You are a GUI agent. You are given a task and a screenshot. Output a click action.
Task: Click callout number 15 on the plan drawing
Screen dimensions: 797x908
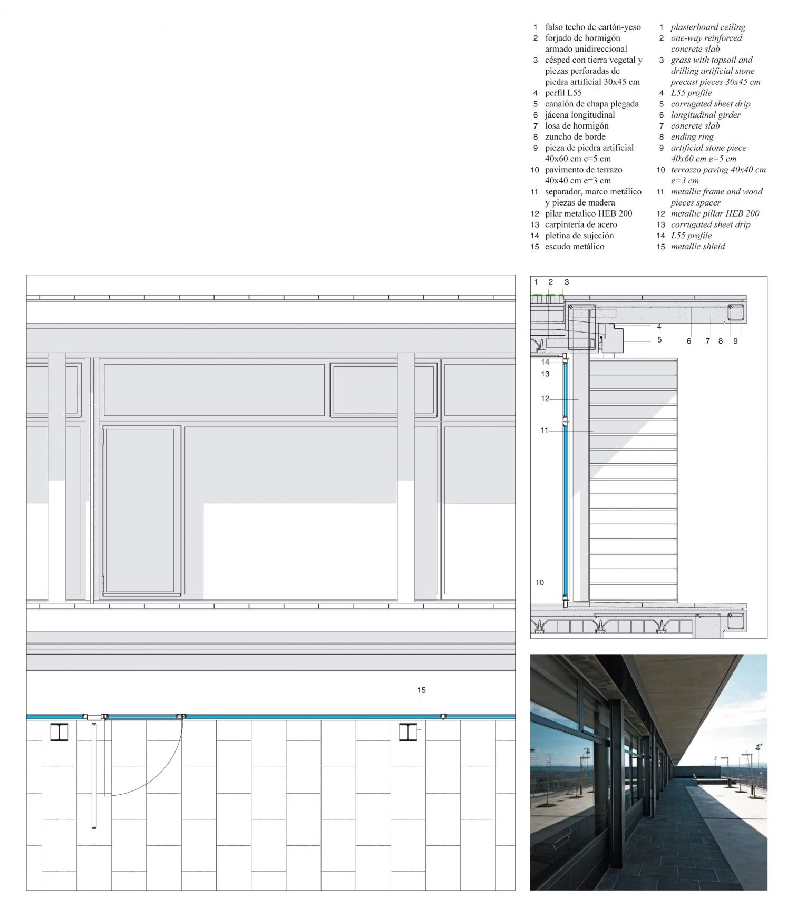point(421,690)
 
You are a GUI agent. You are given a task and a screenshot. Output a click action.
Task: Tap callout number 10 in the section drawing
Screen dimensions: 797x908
point(539,582)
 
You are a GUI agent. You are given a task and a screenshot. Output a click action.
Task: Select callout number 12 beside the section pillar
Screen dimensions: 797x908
point(545,398)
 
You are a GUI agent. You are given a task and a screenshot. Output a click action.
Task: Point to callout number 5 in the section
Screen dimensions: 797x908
point(659,340)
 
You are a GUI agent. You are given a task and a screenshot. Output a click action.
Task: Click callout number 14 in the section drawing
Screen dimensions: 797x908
point(545,362)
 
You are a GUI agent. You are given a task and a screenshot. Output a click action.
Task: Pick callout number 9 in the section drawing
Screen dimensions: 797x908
point(735,341)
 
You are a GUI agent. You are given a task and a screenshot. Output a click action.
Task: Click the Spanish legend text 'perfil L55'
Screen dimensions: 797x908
point(563,93)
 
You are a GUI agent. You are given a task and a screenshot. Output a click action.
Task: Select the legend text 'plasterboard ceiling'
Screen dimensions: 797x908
point(708,27)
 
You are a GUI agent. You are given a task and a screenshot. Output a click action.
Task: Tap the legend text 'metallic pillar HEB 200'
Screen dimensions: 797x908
point(715,213)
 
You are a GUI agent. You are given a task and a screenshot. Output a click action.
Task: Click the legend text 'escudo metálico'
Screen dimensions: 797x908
point(575,246)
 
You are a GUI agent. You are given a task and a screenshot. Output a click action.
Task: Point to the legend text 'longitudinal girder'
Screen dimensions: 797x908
point(706,115)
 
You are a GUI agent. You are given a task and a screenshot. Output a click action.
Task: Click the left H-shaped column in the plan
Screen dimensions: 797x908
point(59,733)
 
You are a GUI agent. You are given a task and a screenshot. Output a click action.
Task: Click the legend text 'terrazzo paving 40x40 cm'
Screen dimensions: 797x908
point(718,170)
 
